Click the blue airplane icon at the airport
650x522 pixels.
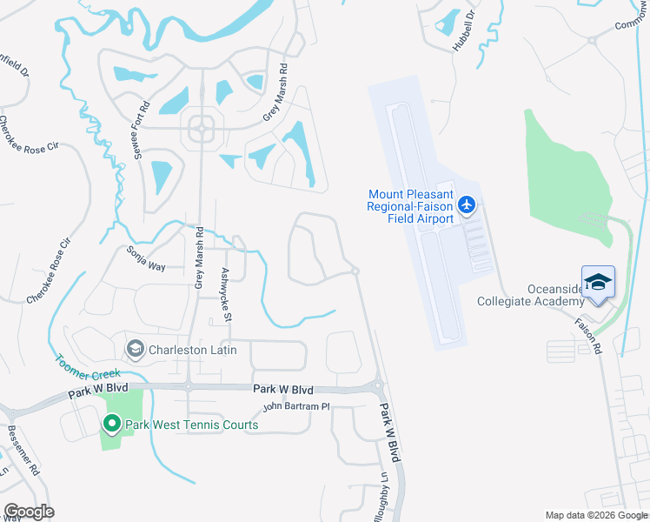[467, 204]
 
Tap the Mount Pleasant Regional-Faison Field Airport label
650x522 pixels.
[411, 207]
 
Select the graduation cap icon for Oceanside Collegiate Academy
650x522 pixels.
[598, 282]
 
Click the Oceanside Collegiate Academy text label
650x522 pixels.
[531, 295]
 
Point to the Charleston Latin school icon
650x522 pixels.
[136, 351]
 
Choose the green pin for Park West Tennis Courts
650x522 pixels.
[111, 424]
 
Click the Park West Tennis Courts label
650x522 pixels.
[191, 425]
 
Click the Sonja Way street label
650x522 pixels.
[145, 259]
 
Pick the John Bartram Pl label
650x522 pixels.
[297, 406]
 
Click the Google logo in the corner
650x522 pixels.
[29, 512]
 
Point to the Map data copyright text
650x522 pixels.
[596, 515]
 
